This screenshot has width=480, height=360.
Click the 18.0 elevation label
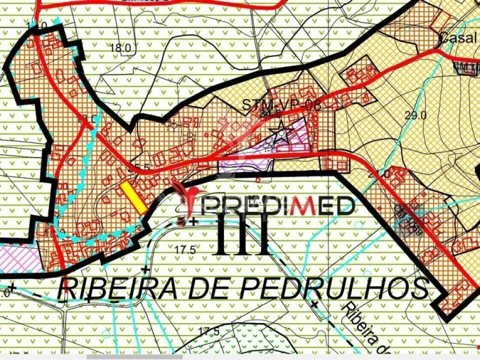click(121, 48)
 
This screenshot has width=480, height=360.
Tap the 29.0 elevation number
click(415, 115)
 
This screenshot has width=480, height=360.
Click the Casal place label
click(457, 38)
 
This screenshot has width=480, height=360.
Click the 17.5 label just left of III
click(183, 249)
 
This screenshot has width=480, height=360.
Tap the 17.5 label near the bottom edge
click(208, 332)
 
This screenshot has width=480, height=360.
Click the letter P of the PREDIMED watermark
click(215, 206)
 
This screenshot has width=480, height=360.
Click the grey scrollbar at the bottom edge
click(135, 356)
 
